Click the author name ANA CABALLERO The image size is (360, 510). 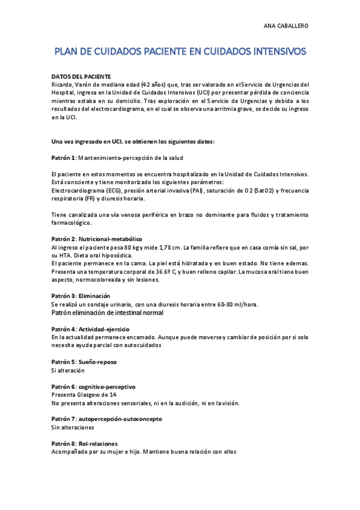tap(286, 26)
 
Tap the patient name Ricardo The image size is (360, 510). tap(61, 85)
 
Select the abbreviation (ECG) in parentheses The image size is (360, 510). tap(108, 190)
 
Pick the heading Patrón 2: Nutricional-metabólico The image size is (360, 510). tap(97, 239)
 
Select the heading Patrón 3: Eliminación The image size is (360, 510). tap(81, 296)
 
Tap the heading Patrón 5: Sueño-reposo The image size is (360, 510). tap(84, 362)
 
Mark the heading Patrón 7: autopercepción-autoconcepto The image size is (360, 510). tap(106, 419)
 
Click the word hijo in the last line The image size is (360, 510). tap(142, 452)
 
